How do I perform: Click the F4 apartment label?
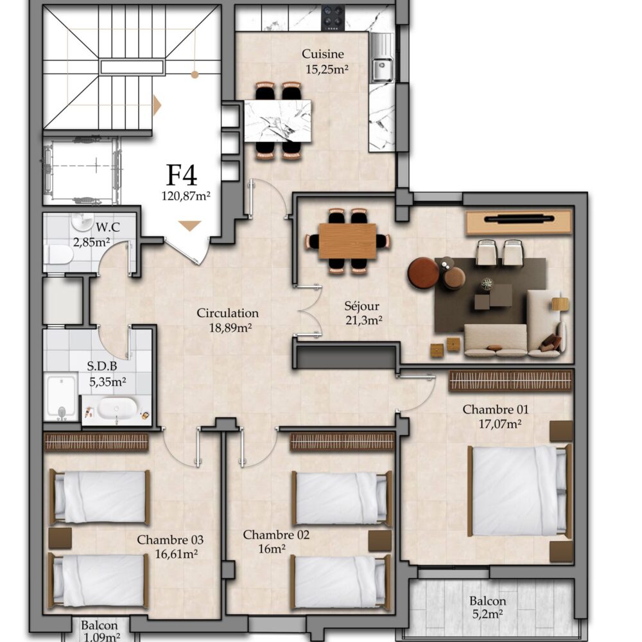[182, 175]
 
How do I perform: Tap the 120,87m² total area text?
[186, 196]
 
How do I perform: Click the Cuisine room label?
[323, 54]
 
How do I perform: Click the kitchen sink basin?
[383, 69]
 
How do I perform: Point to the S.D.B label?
[102, 366]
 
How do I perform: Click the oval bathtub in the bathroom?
[117, 408]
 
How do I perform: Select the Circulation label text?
[228, 313]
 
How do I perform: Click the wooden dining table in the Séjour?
[347, 241]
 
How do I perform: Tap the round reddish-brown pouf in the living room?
[423, 273]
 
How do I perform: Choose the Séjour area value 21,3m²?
[363, 320]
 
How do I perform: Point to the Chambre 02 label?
[276, 535]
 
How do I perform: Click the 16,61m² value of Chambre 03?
[177, 554]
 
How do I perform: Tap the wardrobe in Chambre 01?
[510, 381]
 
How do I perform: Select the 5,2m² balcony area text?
[488, 614]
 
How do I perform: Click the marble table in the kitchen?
[277, 121]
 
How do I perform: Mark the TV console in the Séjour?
[519, 221]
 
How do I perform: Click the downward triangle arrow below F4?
[189, 225]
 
